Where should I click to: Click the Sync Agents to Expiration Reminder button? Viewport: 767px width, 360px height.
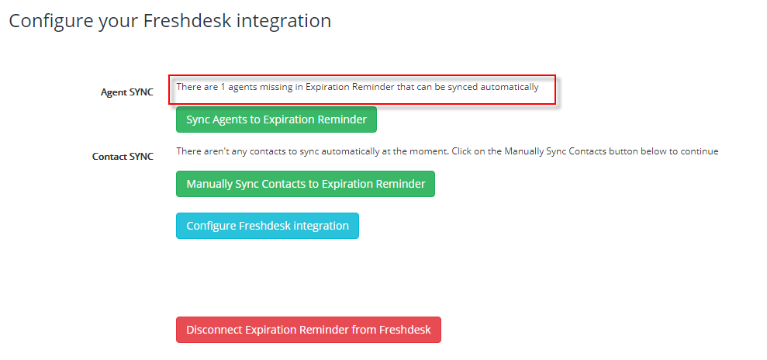coord(276,119)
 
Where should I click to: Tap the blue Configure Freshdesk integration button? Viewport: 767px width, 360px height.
coord(268,226)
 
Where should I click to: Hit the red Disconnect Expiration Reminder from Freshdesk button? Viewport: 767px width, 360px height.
coord(309,330)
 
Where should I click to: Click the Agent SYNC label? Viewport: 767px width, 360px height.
coord(127,92)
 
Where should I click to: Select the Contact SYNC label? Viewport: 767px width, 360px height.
coord(123,157)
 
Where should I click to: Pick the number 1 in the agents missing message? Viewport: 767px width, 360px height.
coord(223,87)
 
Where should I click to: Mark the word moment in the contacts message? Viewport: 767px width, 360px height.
coord(431,151)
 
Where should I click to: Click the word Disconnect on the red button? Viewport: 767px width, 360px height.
coord(214,330)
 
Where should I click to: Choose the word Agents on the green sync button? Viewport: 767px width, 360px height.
coord(230,119)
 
